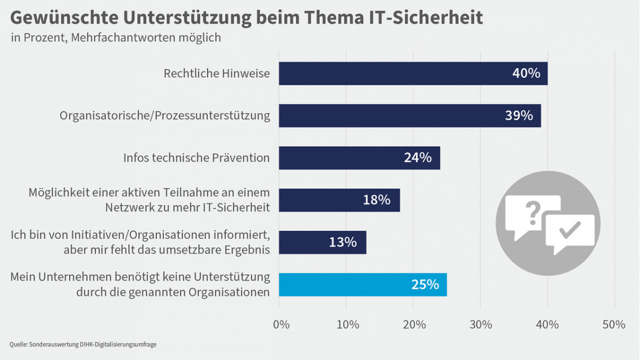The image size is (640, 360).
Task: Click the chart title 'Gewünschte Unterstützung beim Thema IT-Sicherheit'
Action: [246, 18]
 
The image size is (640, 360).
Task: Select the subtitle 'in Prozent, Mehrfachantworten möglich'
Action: [115, 38]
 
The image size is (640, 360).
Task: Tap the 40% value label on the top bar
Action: [526, 73]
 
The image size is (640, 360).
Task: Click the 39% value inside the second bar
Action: [519, 115]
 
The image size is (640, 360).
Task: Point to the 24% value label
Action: [418, 158]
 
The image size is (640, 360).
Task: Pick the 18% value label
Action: [377, 200]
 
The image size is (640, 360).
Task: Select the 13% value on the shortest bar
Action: [343, 242]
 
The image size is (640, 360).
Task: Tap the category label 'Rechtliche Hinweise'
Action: [217, 73]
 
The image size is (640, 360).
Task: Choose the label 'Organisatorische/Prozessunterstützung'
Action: [165, 115]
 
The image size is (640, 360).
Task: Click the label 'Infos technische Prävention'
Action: [196, 158]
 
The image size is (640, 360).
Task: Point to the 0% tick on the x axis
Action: [281, 325]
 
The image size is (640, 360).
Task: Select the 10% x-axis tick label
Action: [347, 325]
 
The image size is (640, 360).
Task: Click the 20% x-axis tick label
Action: [414, 325]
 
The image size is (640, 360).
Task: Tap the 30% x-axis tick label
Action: [481, 325]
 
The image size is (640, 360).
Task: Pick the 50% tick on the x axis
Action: [613, 325]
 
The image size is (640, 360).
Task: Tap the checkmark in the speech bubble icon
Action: [570, 230]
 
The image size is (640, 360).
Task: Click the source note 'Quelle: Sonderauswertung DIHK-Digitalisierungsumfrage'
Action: [83, 344]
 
